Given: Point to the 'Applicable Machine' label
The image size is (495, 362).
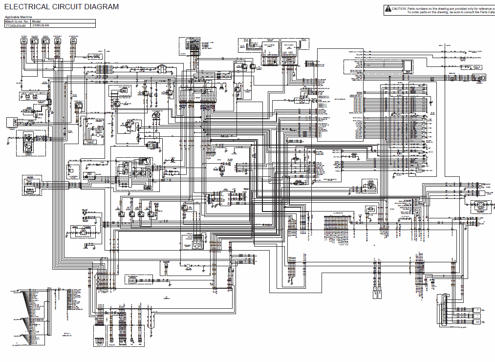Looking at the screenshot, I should point(18,17).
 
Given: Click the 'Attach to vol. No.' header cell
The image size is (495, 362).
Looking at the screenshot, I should point(17,21).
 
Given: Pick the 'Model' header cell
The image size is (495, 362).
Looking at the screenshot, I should point(36,21).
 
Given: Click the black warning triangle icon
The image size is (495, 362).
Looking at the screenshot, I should point(388,8).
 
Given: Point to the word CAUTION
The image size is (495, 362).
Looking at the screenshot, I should point(400,8).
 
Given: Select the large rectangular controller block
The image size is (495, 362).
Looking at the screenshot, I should point(340,95).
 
